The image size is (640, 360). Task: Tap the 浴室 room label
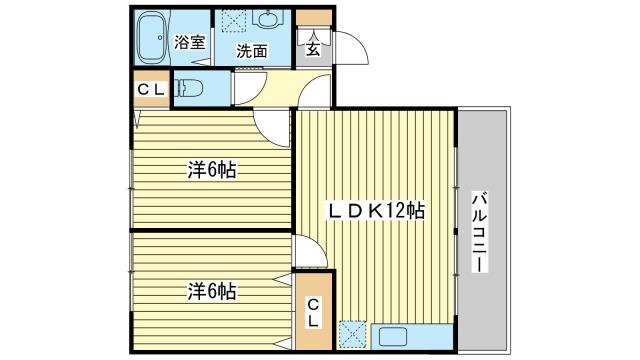point(189,42)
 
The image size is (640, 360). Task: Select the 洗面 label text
point(252,51)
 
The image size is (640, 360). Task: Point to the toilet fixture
point(189,88)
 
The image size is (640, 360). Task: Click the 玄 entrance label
point(313,49)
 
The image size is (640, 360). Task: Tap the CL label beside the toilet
point(151,89)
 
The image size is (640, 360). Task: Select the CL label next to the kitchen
point(313,312)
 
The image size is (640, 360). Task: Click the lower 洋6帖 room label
point(212,291)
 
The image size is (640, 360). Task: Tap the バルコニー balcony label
point(480,233)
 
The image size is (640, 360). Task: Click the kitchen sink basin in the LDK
point(393,337)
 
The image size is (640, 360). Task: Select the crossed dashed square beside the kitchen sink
point(353,336)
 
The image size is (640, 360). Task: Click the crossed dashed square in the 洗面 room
point(234,21)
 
